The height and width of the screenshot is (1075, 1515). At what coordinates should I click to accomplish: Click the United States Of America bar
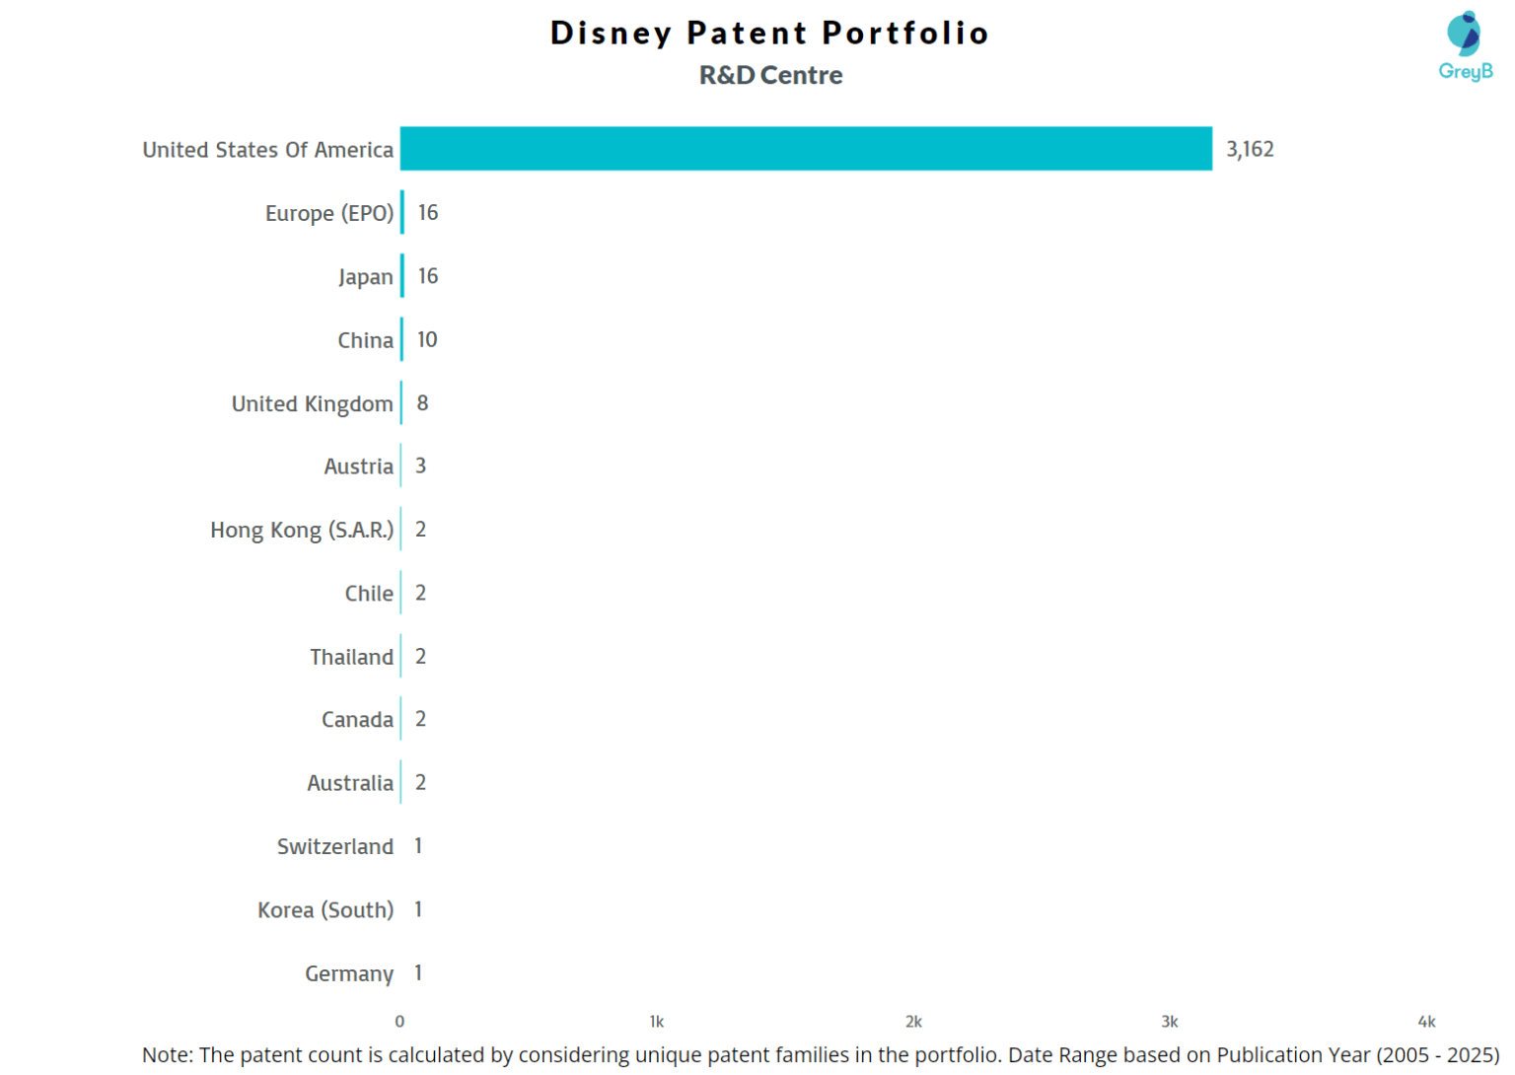tap(806, 149)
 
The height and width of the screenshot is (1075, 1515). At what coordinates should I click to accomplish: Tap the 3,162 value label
tap(1250, 149)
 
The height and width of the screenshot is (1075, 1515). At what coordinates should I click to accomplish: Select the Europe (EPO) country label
tap(328, 213)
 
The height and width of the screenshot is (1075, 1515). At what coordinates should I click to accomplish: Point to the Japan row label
tap(365, 277)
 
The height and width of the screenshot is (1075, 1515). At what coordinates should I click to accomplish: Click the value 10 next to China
tap(427, 339)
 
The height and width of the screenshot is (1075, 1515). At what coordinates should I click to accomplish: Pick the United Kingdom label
tap(312, 403)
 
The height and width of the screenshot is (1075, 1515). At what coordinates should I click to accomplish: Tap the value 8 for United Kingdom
tap(422, 402)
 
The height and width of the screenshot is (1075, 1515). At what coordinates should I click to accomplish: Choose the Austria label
tap(358, 466)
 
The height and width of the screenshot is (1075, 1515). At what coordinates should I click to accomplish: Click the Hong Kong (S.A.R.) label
tap(301, 531)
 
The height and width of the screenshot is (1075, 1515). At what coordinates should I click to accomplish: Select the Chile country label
tap(368, 594)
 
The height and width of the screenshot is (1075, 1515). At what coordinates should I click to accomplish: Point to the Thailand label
tap(351, 657)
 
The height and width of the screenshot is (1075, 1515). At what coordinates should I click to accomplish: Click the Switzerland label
tap(334, 846)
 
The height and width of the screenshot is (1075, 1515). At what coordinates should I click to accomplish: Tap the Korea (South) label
tap(325, 910)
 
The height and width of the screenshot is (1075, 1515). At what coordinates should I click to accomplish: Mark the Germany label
tap(348, 973)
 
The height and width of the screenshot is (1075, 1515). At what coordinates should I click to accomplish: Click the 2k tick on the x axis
tap(913, 1022)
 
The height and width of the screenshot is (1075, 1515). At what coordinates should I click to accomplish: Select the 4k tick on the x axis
tap(1426, 1022)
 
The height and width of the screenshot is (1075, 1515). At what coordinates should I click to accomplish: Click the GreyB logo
tap(1465, 45)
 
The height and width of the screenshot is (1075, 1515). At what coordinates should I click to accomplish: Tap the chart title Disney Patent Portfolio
tap(769, 33)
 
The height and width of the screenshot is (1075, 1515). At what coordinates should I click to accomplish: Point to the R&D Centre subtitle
tap(770, 75)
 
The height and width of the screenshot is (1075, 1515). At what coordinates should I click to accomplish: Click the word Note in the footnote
tap(166, 1055)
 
